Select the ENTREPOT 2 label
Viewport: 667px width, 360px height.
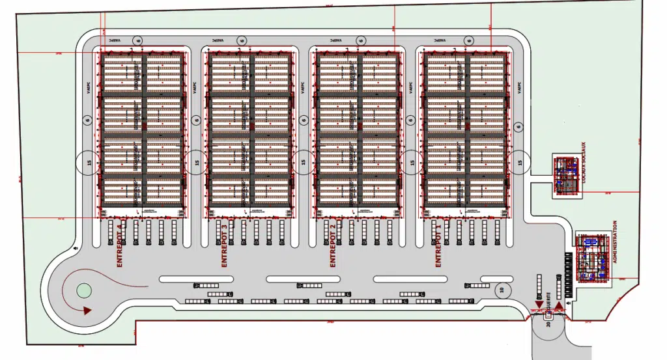pos(333,245)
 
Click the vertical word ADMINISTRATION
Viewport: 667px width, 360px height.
pos(614,250)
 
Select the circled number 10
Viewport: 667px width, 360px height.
pos(502,290)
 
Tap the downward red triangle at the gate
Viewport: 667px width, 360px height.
pos(539,305)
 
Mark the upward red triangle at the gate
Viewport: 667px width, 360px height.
pos(558,305)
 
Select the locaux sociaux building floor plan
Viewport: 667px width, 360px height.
pos(565,174)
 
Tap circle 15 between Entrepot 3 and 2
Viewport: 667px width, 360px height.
pos(304,162)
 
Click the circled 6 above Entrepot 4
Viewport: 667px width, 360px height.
pos(137,40)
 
